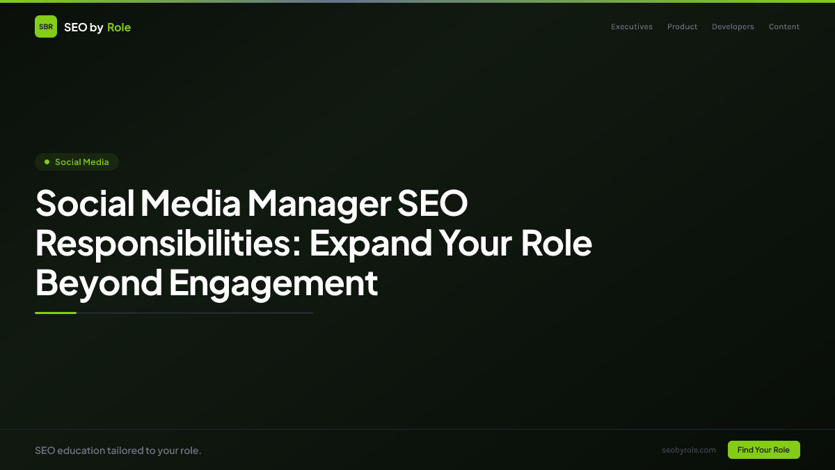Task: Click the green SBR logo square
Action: (x=46, y=26)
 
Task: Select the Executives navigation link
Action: (x=632, y=27)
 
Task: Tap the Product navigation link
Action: (x=682, y=27)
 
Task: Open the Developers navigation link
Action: (x=733, y=27)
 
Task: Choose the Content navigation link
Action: (x=784, y=27)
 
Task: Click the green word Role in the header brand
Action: (x=119, y=27)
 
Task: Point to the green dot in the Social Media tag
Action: (x=47, y=162)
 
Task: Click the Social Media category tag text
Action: (x=82, y=162)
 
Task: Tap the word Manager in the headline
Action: (x=318, y=204)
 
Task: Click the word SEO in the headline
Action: (x=432, y=204)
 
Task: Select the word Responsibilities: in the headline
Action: (x=168, y=244)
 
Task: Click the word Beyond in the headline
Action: (x=98, y=283)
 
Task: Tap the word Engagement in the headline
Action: (x=273, y=283)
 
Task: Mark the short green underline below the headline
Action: (x=56, y=313)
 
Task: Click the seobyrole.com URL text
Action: (x=689, y=450)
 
